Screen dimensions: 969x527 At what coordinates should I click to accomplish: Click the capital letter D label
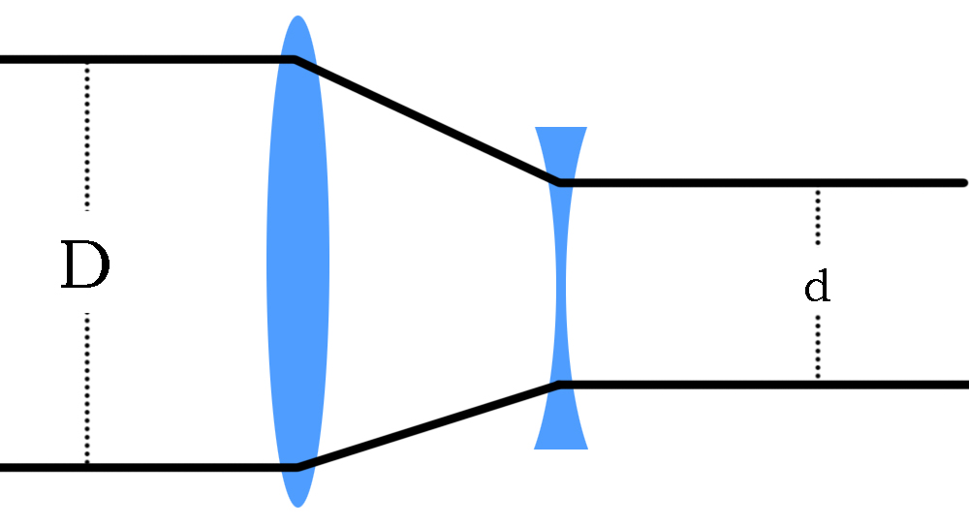tap(85, 264)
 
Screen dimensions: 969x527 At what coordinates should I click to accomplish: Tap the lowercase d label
tap(817, 286)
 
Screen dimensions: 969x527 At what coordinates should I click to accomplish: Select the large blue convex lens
tap(297, 262)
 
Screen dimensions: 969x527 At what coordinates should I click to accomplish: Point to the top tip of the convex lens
tap(297, 15)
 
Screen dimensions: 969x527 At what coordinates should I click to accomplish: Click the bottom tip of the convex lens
tap(297, 508)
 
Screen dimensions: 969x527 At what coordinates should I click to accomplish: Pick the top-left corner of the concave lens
tap(535, 127)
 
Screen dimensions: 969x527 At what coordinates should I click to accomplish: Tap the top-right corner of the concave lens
tap(587, 127)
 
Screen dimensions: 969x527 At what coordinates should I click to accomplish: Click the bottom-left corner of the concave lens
tap(534, 449)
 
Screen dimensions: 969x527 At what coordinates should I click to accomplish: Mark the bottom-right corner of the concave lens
tap(588, 449)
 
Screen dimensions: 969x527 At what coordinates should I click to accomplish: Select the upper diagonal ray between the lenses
tap(427, 121)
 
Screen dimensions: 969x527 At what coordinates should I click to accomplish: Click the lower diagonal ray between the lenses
tap(427, 426)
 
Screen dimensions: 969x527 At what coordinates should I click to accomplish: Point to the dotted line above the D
tap(87, 137)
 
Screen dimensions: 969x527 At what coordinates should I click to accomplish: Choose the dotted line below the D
tap(87, 387)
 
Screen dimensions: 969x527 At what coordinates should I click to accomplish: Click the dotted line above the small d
tap(818, 217)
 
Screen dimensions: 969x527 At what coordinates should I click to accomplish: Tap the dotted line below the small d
tap(818, 347)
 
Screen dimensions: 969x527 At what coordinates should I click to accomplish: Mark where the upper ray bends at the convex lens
tap(296, 59)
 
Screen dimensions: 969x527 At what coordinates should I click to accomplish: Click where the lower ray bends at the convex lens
tap(297, 468)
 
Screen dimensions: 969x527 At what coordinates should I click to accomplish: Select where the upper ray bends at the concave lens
tap(559, 183)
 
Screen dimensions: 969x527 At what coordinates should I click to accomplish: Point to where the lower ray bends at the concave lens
tap(559, 385)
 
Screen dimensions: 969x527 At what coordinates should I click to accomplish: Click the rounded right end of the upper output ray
tap(965, 183)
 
